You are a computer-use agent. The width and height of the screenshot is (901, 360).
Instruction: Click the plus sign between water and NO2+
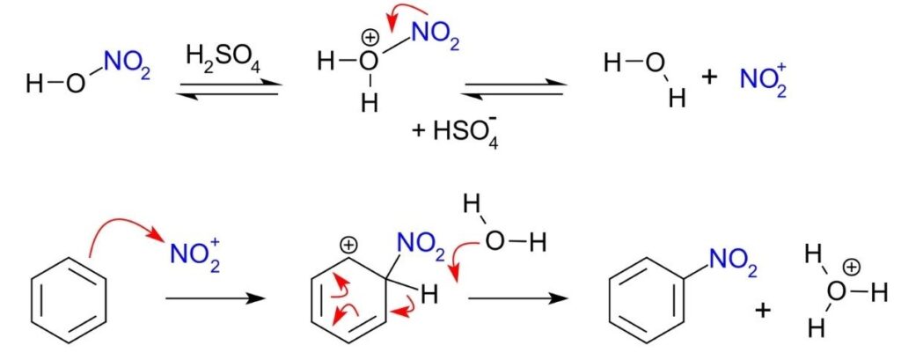709,76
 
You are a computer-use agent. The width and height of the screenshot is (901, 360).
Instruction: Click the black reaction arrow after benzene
215,299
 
